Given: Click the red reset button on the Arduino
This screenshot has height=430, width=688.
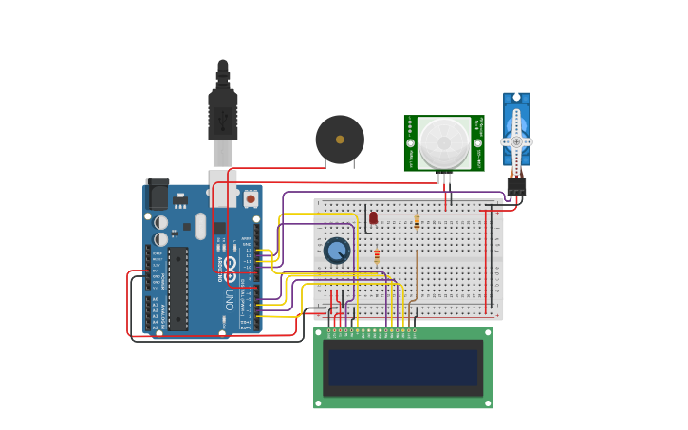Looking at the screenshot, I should pyautogui.click(x=251, y=198).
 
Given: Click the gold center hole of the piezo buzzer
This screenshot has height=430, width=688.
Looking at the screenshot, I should pyautogui.click(x=340, y=140).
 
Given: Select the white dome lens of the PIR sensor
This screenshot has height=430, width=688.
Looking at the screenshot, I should pyautogui.click(x=443, y=141).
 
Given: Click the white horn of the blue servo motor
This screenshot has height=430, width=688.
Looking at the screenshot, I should pyautogui.click(x=516, y=140).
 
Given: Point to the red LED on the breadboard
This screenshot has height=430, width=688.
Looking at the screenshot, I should pyautogui.click(x=373, y=217).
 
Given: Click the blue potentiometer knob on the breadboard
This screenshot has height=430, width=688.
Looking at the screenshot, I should pyautogui.click(x=336, y=251).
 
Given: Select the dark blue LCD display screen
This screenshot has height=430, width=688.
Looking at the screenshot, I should pyautogui.click(x=403, y=368).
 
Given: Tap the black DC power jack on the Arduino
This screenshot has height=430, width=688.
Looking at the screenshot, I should pyautogui.click(x=157, y=195).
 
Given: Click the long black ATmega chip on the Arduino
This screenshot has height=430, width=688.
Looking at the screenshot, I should pyautogui.click(x=178, y=289).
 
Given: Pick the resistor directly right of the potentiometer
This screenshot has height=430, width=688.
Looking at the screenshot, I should pyautogui.click(x=377, y=255).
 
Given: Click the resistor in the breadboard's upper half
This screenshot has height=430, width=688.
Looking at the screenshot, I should pyautogui.click(x=417, y=222).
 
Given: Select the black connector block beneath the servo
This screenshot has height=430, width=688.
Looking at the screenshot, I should pyautogui.click(x=516, y=186).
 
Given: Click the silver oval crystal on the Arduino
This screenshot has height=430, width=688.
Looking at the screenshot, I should pyautogui.click(x=201, y=226).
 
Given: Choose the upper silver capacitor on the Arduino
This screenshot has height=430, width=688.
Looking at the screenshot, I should pyautogui.click(x=161, y=222).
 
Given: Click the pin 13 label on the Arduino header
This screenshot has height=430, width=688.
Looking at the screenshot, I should pyautogui.click(x=249, y=250).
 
